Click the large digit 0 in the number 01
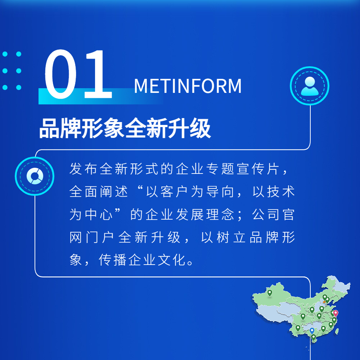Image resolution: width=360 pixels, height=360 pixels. [60, 74]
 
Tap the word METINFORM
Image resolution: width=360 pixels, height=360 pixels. [188, 86]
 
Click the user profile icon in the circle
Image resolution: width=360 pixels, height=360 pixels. [310, 86]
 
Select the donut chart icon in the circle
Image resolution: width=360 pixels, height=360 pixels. [35, 176]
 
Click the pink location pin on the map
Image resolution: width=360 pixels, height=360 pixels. [336, 314]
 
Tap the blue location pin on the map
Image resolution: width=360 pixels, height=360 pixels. [312, 331]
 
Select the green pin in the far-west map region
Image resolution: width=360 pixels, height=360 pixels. [270, 293]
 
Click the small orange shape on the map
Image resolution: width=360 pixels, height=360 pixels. [324, 301]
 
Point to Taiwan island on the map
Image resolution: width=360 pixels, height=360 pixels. [337, 331]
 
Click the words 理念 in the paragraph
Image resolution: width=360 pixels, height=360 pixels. [220, 215]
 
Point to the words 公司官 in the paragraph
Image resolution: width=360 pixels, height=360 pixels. [273, 215]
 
